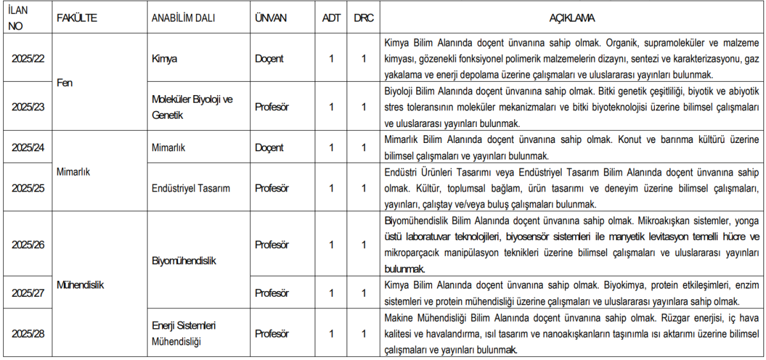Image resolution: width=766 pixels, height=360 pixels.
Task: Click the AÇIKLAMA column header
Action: (573, 18)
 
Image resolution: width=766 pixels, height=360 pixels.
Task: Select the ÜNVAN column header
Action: (271, 18)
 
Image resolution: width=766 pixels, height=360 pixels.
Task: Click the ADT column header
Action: (331, 18)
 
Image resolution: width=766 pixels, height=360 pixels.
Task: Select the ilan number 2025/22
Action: (28, 59)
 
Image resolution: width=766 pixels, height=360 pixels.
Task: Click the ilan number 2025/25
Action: (28, 188)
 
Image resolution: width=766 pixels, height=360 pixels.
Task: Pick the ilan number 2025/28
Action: (28, 334)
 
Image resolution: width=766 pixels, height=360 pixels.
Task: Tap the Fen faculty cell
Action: (64, 83)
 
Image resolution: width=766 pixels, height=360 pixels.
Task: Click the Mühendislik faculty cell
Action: (80, 285)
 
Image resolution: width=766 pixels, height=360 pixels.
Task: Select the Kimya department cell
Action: (164, 59)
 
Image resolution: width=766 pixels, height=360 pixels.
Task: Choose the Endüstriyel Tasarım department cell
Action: (191, 188)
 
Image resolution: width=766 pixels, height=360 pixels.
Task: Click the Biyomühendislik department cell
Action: (184, 261)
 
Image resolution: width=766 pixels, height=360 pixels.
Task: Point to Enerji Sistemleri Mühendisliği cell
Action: (184, 334)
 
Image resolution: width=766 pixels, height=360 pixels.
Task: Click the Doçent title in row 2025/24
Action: (269, 147)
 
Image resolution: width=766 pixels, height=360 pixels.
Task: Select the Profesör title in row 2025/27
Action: (272, 294)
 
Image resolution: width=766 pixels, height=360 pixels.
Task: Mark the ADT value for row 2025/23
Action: (331, 107)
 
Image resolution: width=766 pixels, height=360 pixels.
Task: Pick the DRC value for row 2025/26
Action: (363, 245)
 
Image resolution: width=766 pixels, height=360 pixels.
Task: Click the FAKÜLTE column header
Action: (77, 18)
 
